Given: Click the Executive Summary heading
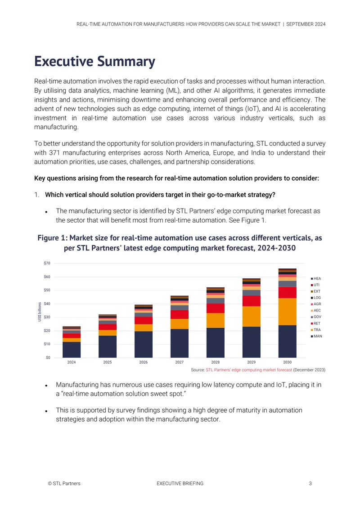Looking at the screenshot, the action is point(94,62).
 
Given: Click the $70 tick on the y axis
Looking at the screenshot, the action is point(47,263).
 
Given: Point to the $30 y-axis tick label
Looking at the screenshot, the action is point(47,317).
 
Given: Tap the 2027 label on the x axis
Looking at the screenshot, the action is point(180,362).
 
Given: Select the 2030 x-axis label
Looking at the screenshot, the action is point(288,362).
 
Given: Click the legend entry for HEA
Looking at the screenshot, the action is point(316,279).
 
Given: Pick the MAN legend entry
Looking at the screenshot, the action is point(316,336).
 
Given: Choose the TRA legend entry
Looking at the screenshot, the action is point(316,330).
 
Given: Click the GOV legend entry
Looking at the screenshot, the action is point(316,317).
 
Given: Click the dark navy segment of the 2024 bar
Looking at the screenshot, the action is point(72,350).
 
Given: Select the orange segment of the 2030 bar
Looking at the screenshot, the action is point(288,312).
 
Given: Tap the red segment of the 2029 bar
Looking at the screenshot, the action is point(252,301).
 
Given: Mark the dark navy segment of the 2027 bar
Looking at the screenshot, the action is point(180,343).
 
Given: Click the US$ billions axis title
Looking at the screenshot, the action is point(40,312).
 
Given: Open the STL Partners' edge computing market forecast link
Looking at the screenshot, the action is point(249,370).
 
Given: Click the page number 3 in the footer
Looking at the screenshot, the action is point(310,483).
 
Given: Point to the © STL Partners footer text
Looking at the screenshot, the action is point(64,483).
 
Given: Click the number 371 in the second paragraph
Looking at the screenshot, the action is point(54,152).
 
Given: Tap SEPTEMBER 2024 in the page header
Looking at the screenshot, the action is point(306,24).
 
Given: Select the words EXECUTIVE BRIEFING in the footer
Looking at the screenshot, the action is point(180,483).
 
